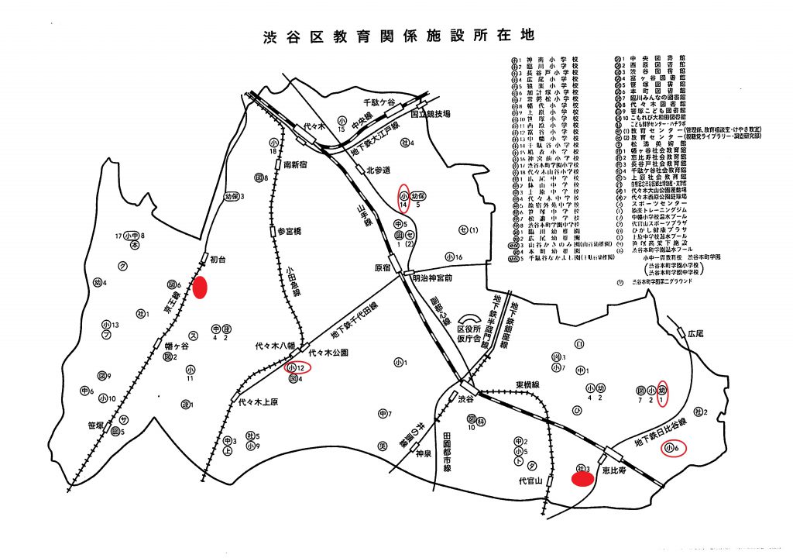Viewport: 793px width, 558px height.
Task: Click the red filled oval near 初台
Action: (200, 288)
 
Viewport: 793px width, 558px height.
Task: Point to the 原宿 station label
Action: (383, 268)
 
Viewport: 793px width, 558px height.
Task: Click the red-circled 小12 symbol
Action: (297, 367)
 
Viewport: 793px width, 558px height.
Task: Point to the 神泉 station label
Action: (422, 455)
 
